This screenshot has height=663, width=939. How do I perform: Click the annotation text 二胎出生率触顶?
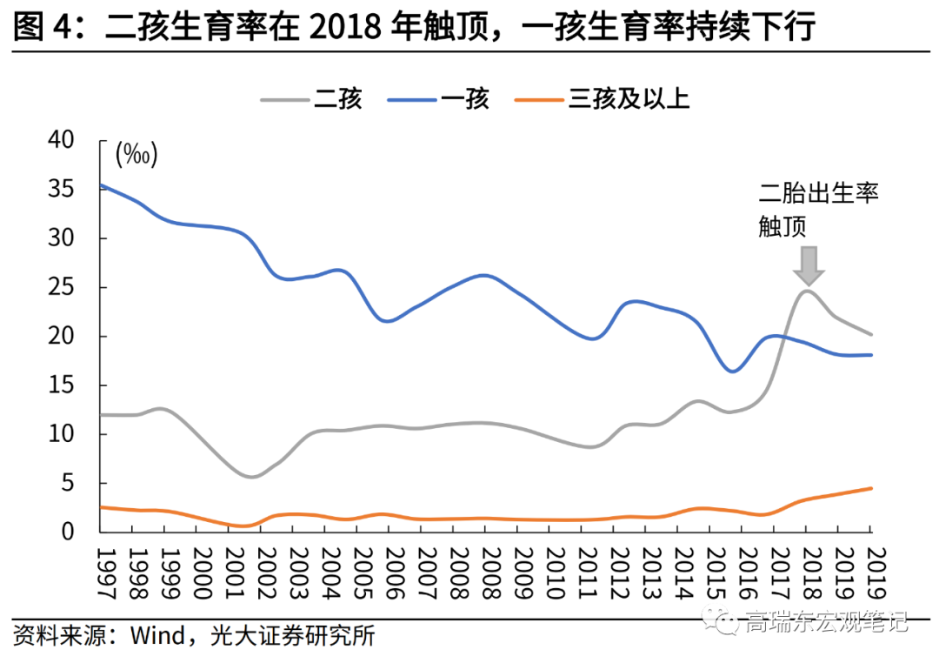(x=818, y=210)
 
